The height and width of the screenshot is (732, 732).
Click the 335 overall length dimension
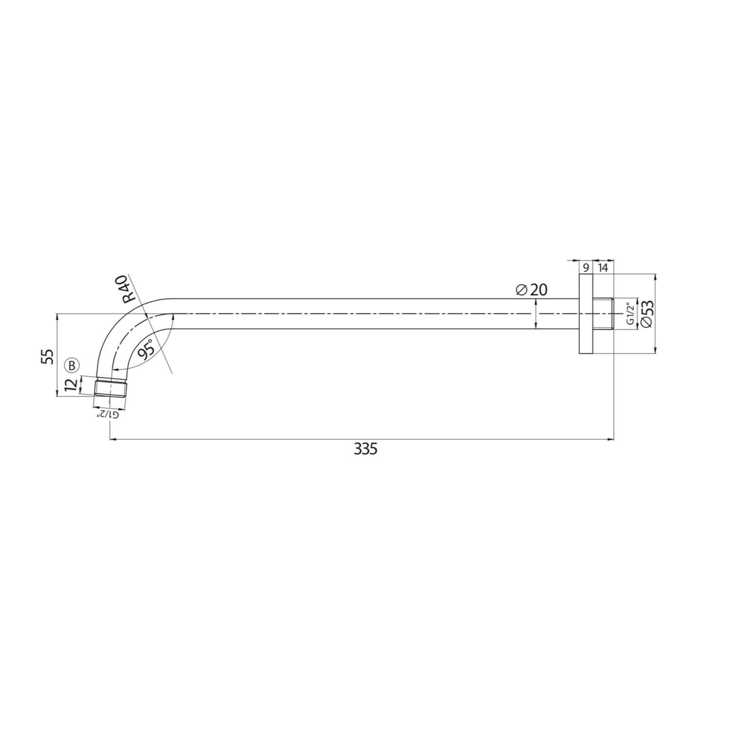[x=366, y=449]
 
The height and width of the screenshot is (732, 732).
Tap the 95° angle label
[x=147, y=349]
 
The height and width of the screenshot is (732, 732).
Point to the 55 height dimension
[x=48, y=356]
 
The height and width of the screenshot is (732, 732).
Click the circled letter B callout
[x=71, y=365]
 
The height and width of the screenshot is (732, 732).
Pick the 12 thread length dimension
[x=71, y=385]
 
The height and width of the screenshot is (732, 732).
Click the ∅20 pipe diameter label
[x=531, y=290]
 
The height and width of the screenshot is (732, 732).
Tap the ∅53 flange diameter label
[x=647, y=314]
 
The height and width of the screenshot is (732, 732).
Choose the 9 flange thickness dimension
[x=585, y=268]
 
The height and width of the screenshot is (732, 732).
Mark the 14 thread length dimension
[x=603, y=268]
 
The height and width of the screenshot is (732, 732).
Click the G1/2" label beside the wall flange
[x=630, y=314]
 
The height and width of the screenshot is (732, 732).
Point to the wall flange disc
[x=586, y=313]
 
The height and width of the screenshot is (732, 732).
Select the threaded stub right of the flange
[x=603, y=314]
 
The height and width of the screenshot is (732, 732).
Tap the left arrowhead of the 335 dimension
[x=113, y=440]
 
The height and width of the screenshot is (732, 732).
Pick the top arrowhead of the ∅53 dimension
[x=655, y=277]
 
